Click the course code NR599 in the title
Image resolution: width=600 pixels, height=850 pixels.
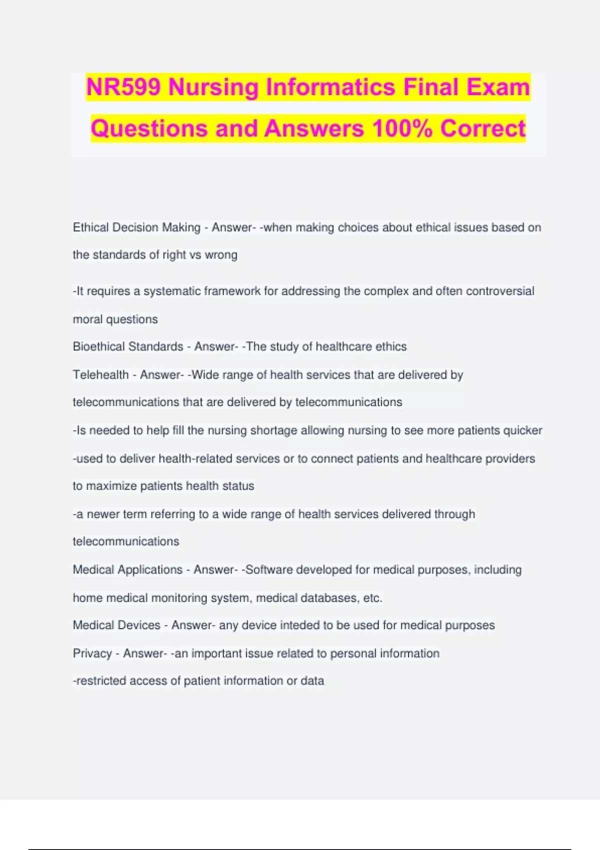pos(123,87)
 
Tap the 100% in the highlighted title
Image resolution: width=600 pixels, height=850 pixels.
pos(402,128)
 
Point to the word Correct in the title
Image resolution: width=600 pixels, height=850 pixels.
pos(482,128)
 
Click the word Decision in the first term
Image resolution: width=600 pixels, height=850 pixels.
pos(135,227)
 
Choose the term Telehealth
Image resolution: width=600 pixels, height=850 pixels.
pos(100,374)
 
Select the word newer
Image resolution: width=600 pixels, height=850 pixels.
pos(103,514)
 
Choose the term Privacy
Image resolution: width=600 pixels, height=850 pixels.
pos(92,653)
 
